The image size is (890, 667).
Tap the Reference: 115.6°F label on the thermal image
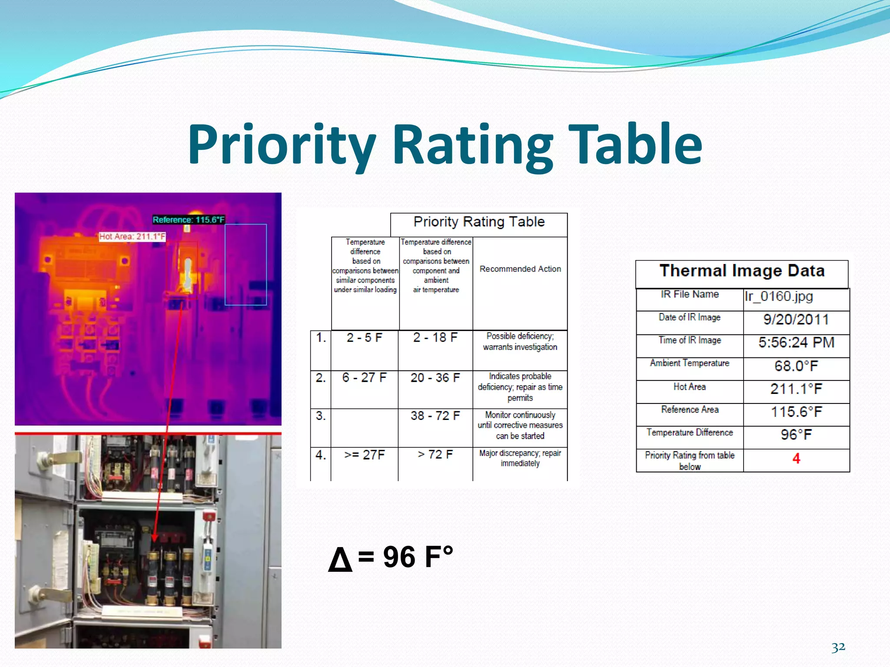pyautogui.click(x=189, y=220)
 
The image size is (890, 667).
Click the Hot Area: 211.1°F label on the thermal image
pyautogui.click(x=132, y=237)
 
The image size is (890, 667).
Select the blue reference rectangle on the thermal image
pyautogui.click(x=246, y=265)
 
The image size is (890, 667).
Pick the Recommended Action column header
pyautogui.click(x=520, y=269)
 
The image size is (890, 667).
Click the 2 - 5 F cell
pyautogui.click(x=364, y=337)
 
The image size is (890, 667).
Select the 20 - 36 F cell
pyautogui.click(x=435, y=377)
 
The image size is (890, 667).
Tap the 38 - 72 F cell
pyautogui.click(x=435, y=416)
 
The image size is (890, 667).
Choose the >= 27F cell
pyautogui.click(x=364, y=455)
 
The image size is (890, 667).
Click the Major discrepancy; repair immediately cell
pyautogui.click(x=520, y=458)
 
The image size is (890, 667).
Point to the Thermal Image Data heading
pyautogui.click(x=742, y=271)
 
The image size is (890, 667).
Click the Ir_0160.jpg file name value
pyautogui.click(x=778, y=296)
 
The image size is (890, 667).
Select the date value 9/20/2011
pyautogui.click(x=796, y=320)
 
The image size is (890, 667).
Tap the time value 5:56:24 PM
pyautogui.click(x=796, y=343)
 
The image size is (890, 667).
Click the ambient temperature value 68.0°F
pyautogui.click(x=796, y=366)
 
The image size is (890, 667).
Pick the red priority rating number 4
pyautogui.click(x=796, y=459)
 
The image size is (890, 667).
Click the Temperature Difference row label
pyautogui.click(x=690, y=433)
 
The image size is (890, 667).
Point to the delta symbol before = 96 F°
pyautogui.click(x=340, y=559)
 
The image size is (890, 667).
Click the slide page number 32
pyautogui.click(x=838, y=647)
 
